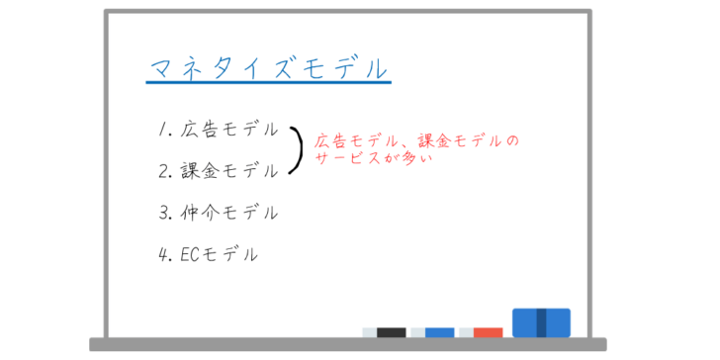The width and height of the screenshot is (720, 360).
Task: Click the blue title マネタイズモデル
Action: (x=269, y=69)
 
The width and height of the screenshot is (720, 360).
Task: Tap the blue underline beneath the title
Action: (x=269, y=83)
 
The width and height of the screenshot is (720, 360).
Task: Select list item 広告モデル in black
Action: (x=229, y=130)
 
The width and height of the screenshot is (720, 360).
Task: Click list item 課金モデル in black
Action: (x=229, y=171)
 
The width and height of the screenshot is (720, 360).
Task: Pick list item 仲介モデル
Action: (x=229, y=212)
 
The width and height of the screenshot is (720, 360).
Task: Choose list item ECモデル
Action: (x=219, y=254)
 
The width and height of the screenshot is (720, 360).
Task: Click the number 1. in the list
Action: (x=165, y=130)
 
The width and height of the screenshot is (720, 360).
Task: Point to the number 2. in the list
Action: (x=165, y=171)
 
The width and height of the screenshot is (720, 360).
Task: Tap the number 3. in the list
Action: (x=165, y=213)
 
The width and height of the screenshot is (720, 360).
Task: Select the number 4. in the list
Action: (x=165, y=254)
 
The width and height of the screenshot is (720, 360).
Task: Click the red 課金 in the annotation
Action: (x=434, y=140)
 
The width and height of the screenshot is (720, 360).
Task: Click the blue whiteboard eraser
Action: (x=541, y=322)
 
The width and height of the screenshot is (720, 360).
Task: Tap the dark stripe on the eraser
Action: (x=541, y=322)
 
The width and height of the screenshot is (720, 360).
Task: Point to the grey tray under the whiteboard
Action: (x=348, y=344)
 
